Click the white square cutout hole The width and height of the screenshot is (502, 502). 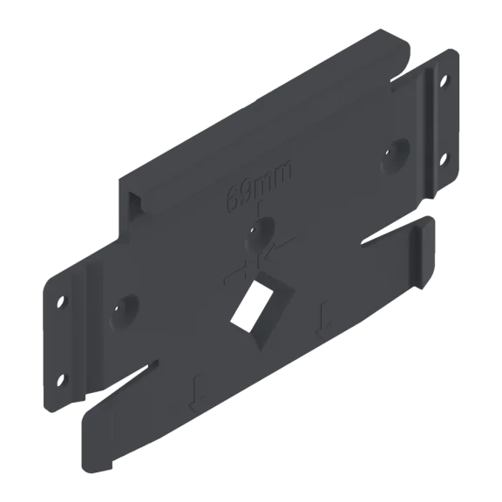(252, 307)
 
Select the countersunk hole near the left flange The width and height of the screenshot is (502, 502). (125, 313)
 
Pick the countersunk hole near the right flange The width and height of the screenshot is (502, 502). (395, 157)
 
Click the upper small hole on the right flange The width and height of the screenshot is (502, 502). (444, 81)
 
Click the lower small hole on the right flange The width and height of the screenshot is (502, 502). (443, 159)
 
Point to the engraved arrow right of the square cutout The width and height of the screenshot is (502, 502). (323, 319)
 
